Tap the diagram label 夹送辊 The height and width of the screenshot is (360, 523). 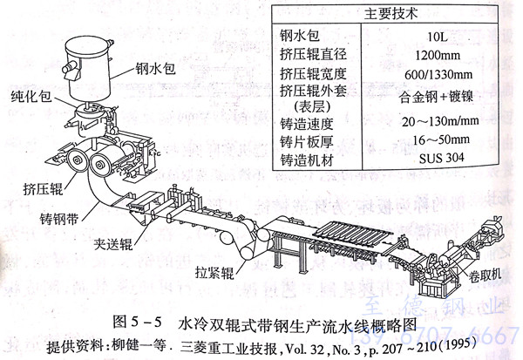click(116, 234)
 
